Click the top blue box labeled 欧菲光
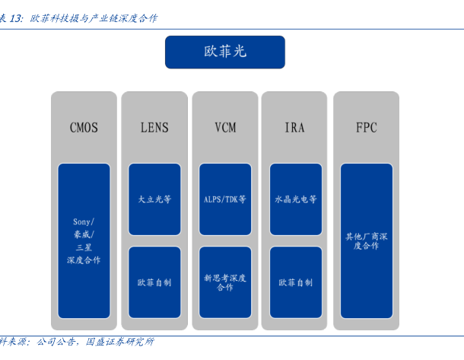pyautogui.click(x=225, y=52)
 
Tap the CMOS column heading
pyautogui.click(x=84, y=128)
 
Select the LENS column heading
pyautogui.click(x=154, y=128)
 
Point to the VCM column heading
pyautogui.click(x=225, y=128)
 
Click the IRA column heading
pyautogui.click(x=294, y=128)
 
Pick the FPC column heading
pyautogui.click(x=367, y=128)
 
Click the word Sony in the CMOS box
pyautogui.click(x=82, y=221)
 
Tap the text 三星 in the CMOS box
pyautogui.click(x=84, y=247)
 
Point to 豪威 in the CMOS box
pyautogui.click(x=81, y=234)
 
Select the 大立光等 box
pyautogui.click(x=154, y=199)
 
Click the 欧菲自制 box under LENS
pyautogui.click(x=154, y=282)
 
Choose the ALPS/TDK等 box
pyautogui.click(x=225, y=199)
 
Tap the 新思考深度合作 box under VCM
pyautogui.click(x=225, y=282)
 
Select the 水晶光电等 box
pyautogui.click(x=296, y=199)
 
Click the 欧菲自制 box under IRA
pyautogui.click(x=296, y=282)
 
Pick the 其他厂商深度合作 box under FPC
pyautogui.click(x=367, y=241)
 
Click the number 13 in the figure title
pyautogui.click(x=15, y=18)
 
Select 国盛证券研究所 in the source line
pyautogui.click(x=120, y=342)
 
